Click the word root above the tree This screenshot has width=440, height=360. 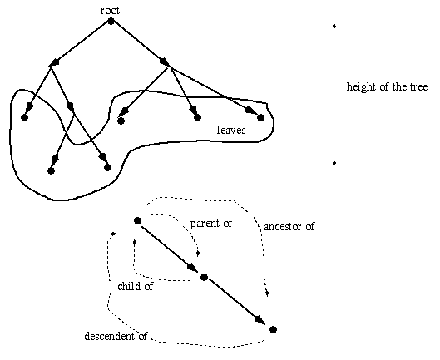(110, 11)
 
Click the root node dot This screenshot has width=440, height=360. (111, 21)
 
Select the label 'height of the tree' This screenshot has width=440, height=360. (388, 87)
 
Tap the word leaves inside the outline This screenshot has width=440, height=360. (231, 130)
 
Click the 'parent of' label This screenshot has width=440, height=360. (211, 224)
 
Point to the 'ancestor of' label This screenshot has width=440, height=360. (289, 226)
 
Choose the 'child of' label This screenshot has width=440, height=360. (136, 286)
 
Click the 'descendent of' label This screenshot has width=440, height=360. (116, 336)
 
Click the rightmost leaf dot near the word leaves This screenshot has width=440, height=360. (260, 117)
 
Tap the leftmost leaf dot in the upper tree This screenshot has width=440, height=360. (24, 117)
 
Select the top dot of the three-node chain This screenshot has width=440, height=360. (137, 221)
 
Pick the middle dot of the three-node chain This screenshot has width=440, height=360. (204, 277)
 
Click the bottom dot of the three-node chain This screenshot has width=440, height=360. (273, 329)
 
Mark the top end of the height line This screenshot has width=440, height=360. (334, 23)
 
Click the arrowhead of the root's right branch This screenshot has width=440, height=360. (165, 63)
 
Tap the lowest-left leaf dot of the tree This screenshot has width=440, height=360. (51, 170)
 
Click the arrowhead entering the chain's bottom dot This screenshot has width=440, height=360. (260, 320)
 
